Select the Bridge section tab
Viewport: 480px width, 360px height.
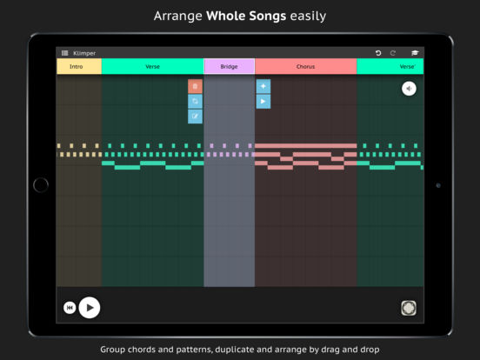(x=230, y=66)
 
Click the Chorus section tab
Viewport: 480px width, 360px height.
(x=306, y=66)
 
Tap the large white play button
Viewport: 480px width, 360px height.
(x=90, y=308)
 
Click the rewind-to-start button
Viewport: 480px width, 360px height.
(x=70, y=308)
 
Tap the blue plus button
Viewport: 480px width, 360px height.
(x=263, y=86)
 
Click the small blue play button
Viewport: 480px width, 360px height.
(x=263, y=102)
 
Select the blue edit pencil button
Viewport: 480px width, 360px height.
(x=195, y=117)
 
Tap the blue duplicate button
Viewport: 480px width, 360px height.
(x=195, y=102)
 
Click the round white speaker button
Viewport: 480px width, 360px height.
(x=409, y=89)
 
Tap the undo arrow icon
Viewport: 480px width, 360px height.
(x=378, y=53)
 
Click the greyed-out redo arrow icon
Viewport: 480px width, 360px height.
(x=393, y=53)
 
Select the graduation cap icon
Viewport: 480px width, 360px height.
(x=415, y=53)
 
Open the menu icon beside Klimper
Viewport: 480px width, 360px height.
(x=65, y=53)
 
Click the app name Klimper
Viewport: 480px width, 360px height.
(x=84, y=53)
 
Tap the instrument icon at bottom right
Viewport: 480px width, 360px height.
(x=409, y=308)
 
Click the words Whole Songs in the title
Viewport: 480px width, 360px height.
(x=246, y=16)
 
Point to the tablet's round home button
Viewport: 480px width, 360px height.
(x=41, y=185)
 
